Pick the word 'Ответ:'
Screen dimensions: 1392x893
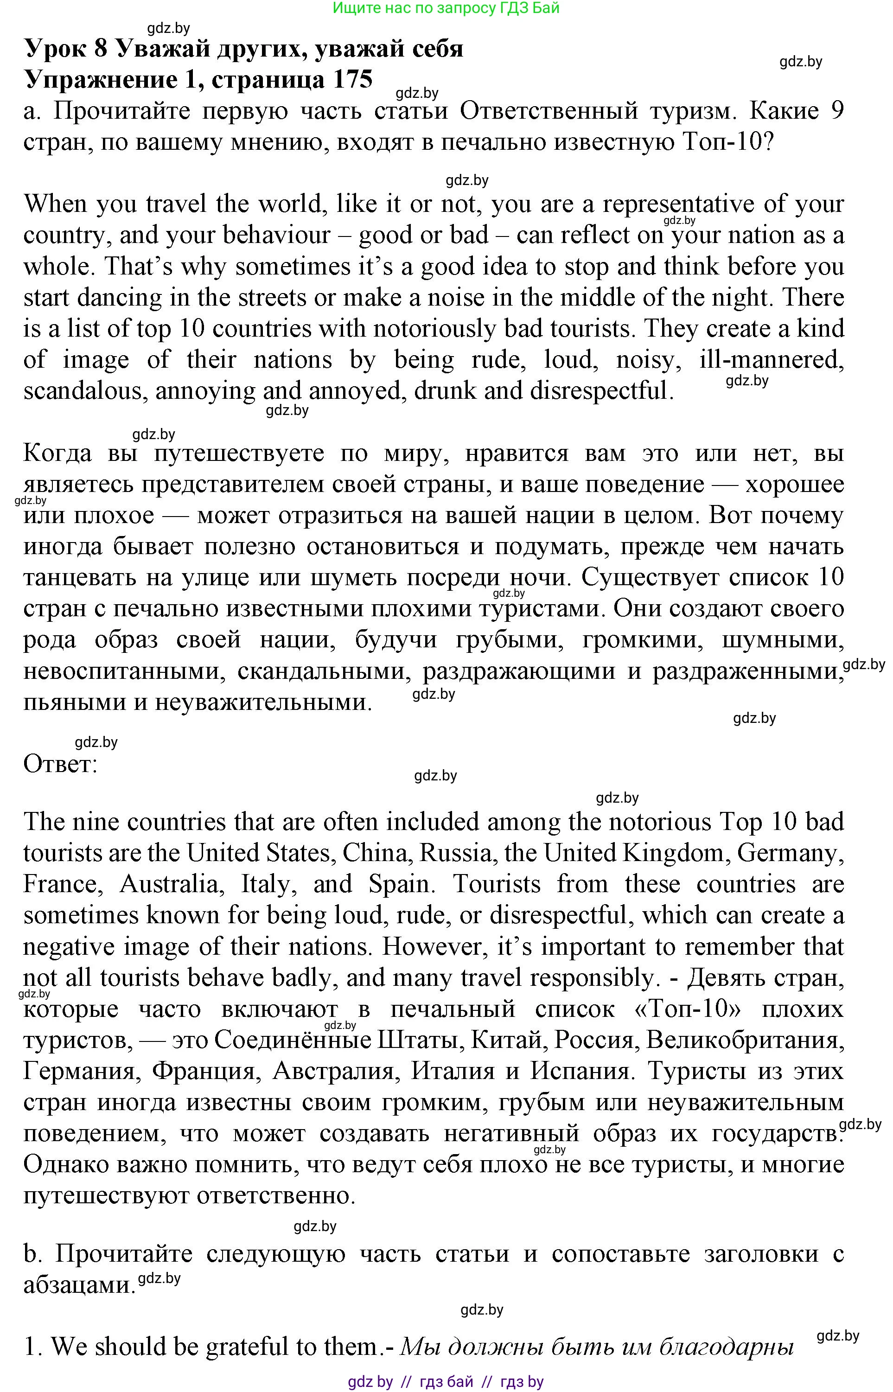60,764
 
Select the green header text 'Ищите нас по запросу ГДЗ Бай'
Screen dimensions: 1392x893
446,8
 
